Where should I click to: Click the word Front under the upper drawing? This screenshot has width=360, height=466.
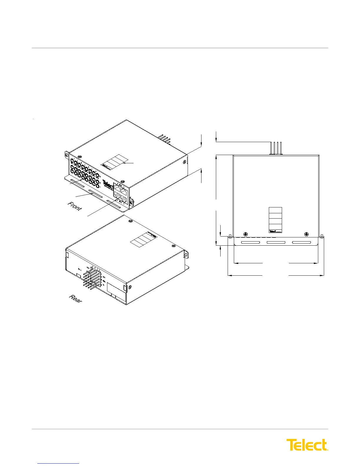click(x=75, y=206)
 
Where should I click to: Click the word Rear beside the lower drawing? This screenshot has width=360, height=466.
click(x=76, y=299)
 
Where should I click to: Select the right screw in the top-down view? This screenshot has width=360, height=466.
click(x=306, y=234)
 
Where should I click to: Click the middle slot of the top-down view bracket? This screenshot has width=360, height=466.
click(x=276, y=242)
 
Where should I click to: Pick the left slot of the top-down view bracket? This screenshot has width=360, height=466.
click(x=250, y=242)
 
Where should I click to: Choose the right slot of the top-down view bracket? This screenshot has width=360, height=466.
click(x=301, y=242)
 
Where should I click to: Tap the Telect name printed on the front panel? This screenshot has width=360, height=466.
click(x=108, y=186)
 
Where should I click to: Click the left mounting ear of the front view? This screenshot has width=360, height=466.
click(x=67, y=155)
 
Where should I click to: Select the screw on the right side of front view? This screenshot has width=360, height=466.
click(x=184, y=162)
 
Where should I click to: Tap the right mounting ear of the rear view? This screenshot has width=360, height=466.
click(x=186, y=254)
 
